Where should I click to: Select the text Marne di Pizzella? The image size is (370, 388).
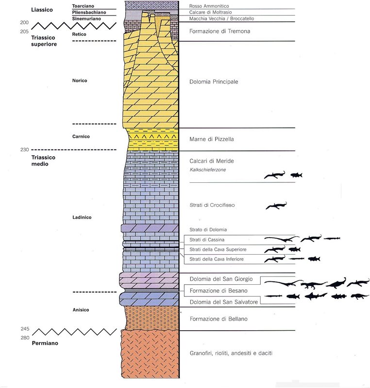point(212,139)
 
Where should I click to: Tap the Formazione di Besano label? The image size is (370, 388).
point(216,291)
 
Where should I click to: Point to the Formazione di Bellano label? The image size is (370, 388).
point(216,319)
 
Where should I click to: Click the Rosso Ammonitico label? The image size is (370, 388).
point(209,6)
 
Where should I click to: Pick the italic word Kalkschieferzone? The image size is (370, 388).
point(208,170)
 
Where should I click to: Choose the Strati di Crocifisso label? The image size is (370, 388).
point(212,205)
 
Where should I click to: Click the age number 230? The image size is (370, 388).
point(25,149)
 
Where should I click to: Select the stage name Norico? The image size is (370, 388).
point(80,81)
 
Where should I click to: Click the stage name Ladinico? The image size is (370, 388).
point(81,217)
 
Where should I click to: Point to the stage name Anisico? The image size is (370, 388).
point(80,309)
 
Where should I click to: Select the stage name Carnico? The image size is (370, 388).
point(81,136)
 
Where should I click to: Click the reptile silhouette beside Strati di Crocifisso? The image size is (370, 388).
point(276,206)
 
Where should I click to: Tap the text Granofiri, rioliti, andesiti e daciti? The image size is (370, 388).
point(231,353)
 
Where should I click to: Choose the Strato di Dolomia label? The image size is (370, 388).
point(205,229)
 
